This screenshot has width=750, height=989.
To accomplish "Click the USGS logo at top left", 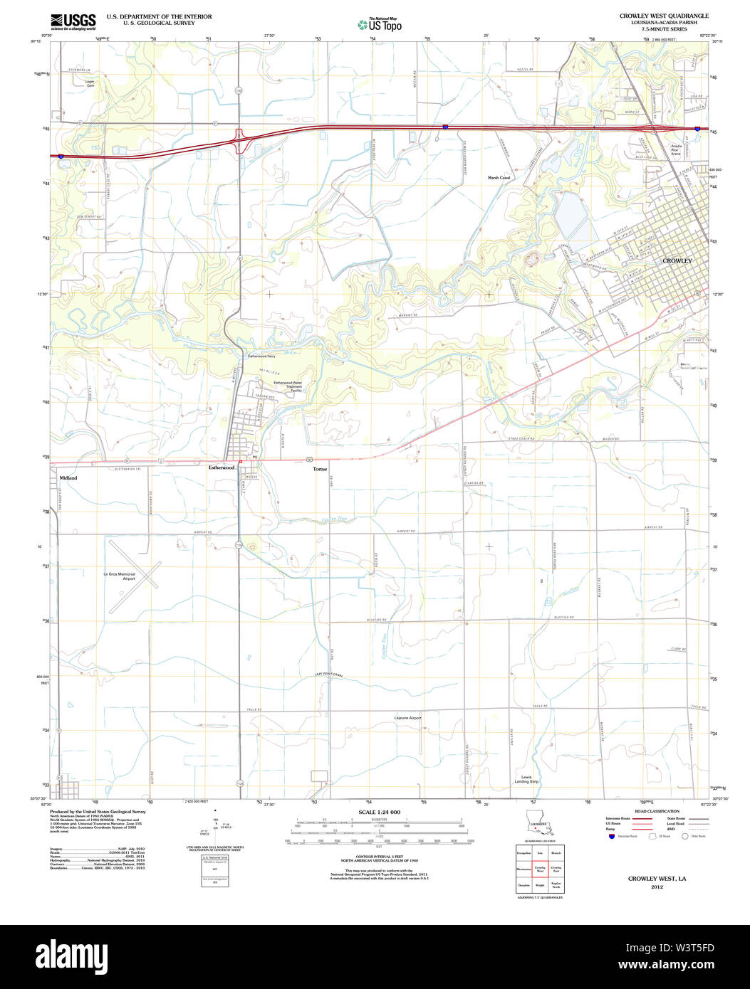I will [x=73, y=21].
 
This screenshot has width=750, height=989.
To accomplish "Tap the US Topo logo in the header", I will [x=380, y=25].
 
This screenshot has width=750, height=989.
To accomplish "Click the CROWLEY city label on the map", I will [x=677, y=261].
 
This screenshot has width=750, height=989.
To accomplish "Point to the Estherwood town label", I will [x=222, y=467].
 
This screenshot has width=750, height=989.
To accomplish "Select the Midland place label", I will [x=68, y=478].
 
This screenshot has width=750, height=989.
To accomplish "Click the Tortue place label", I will [x=320, y=469].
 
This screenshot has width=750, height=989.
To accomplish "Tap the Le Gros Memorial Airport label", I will [x=119, y=576].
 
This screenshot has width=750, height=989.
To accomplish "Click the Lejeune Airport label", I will [x=408, y=718].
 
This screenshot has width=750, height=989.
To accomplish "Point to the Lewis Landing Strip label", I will [x=526, y=779].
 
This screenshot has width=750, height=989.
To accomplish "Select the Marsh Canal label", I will [x=499, y=177].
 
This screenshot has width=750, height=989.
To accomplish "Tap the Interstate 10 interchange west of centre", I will [x=239, y=139].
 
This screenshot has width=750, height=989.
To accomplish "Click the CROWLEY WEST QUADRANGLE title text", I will [x=664, y=16].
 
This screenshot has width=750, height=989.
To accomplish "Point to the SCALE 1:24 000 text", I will [x=379, y=813].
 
